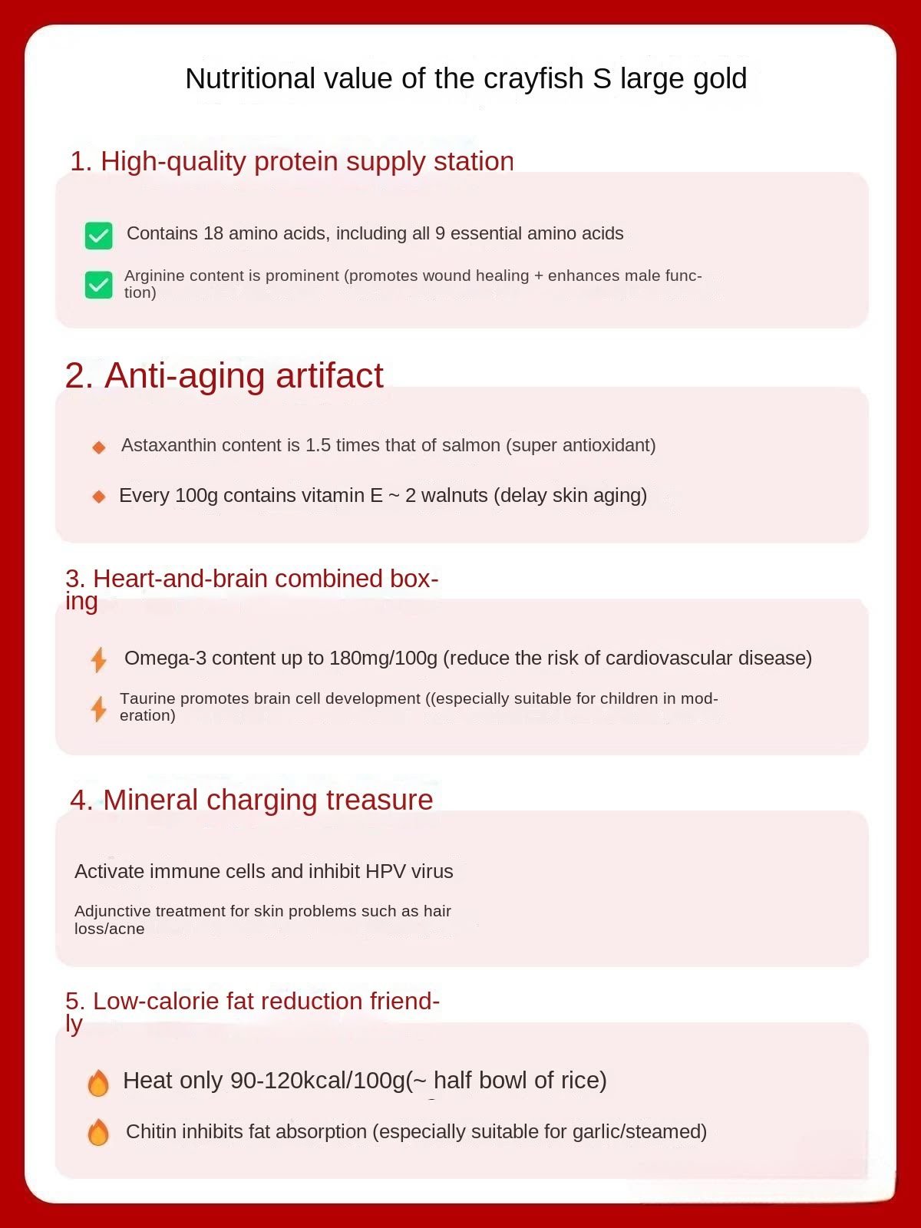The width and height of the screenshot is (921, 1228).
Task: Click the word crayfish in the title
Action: pos(533,79)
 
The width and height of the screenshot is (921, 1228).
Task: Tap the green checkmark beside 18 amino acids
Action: pos(98,235)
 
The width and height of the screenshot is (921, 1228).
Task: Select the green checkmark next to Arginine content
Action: pos(98,285)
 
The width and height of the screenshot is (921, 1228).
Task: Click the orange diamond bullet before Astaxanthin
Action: pos(99,447)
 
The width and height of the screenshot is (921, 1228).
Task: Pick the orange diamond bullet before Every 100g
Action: pos(99,497)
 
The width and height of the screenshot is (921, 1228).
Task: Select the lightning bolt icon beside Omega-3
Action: pos(99,659)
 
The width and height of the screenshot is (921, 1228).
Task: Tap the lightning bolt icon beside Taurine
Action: pos(99,709)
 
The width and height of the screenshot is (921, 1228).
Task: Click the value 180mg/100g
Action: pos(383,659)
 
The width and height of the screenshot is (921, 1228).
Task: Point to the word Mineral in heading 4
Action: pos(150,800)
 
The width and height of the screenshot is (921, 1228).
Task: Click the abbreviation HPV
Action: pos(385,872)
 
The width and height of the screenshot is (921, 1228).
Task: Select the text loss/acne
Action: pos(110,929)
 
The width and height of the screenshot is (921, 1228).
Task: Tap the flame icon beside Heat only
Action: pos(98,1082)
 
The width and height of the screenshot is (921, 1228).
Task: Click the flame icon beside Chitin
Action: pos(98,1132)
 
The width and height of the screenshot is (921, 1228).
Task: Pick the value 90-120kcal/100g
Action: pos(318,1081)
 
